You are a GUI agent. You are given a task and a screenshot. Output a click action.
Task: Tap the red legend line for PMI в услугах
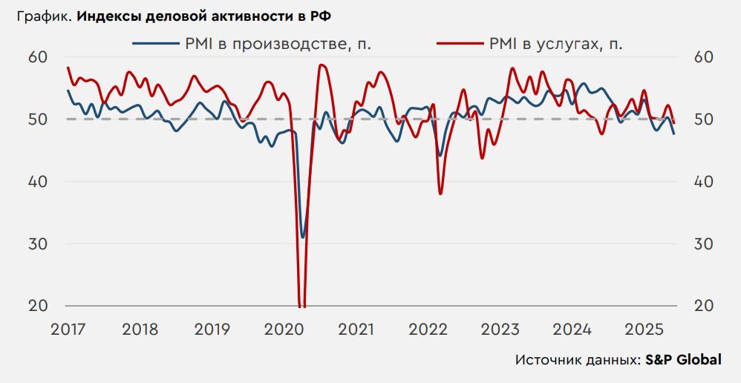pyautogui.click(x=458, y=44)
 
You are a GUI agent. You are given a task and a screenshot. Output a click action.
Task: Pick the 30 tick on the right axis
pyautogui.click(x=704, y=244)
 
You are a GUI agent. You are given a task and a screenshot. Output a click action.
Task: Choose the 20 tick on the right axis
pyautogui.click(x=704, y=306)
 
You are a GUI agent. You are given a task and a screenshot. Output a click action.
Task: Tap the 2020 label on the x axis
pyautogui.click(x=284, y=328)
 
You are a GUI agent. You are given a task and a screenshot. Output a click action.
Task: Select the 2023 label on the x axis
pyautogui.click(x=500, y=328)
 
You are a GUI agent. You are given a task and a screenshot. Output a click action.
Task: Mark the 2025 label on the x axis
pyautogui.click(x=644, y=328)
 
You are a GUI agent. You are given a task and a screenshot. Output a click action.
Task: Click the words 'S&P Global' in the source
pyautogui.click(x=683, y=360)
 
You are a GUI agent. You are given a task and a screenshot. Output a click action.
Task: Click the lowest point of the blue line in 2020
pyautogui.click(x=302, y=238)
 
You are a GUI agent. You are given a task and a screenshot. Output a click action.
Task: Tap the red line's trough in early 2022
pyautogui.click(x=440, y=194)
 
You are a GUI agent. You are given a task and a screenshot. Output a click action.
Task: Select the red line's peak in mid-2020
pyautogui.click(x=321, y=65)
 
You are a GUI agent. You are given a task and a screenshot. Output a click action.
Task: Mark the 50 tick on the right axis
pyautogui.click(x=704, y=120)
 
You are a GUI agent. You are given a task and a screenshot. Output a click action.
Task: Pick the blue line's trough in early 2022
pyautogui.click(x=440, y=156)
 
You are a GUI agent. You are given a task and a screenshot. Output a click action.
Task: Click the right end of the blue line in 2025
pyautogui.click(x=674, y=134)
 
